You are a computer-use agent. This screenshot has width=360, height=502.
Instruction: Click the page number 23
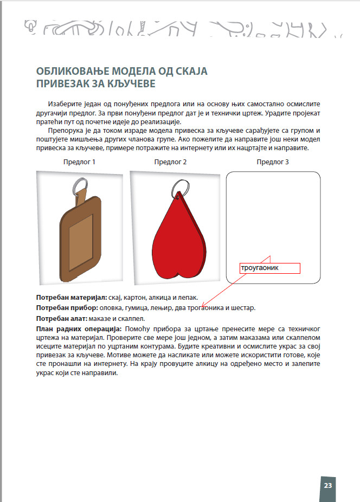[x=327, y=485]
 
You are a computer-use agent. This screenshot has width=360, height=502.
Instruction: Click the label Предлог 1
[x=79, y=162]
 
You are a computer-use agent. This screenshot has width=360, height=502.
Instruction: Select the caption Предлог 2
[x=170, y=162]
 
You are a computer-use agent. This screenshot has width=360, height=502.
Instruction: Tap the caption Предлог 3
[x=273, y=162]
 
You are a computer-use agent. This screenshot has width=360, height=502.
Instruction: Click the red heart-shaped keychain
[x=177, y=239]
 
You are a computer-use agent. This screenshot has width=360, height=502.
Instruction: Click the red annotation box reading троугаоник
[x=269, y=268]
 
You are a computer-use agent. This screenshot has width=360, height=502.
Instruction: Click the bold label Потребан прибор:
[x=66, y=308]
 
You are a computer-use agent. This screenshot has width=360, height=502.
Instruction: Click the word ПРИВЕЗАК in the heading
[x=62, y=84]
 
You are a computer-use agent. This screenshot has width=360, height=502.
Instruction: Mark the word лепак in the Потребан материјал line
[x=187, y=298]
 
